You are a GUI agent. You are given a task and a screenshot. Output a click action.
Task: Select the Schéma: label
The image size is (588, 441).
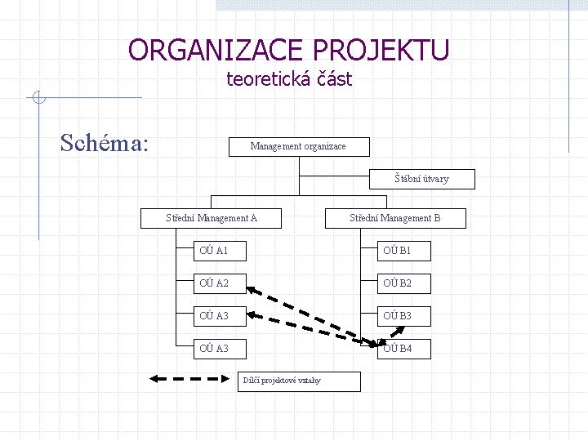point(105,143)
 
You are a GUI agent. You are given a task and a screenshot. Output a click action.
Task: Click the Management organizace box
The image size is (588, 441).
point(298,147)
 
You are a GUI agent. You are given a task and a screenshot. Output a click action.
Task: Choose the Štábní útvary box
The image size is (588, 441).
point(421,179)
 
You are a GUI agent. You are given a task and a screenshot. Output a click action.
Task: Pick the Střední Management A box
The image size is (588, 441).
point(212,218)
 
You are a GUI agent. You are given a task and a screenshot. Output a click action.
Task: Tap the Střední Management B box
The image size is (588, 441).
point(395,218)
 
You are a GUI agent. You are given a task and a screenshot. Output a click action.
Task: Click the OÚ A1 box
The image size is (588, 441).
point(225,250)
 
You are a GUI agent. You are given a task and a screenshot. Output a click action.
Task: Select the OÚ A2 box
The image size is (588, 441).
point(225,283)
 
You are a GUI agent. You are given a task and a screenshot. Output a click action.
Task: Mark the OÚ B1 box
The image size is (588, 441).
point(408,250)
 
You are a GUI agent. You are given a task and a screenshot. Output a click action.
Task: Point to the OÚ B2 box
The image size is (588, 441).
point(408,283)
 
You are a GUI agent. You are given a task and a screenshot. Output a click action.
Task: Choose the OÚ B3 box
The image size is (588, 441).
point(408,315)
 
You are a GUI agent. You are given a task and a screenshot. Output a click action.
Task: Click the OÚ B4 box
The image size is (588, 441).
point(408,349)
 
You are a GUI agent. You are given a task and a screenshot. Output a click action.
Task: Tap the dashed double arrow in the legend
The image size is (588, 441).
point(189,378)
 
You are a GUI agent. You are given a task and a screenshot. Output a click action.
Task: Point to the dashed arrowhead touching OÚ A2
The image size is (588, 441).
point(252,290)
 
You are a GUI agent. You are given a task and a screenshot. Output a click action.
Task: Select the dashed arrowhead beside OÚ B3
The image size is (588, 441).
point(403,328)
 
